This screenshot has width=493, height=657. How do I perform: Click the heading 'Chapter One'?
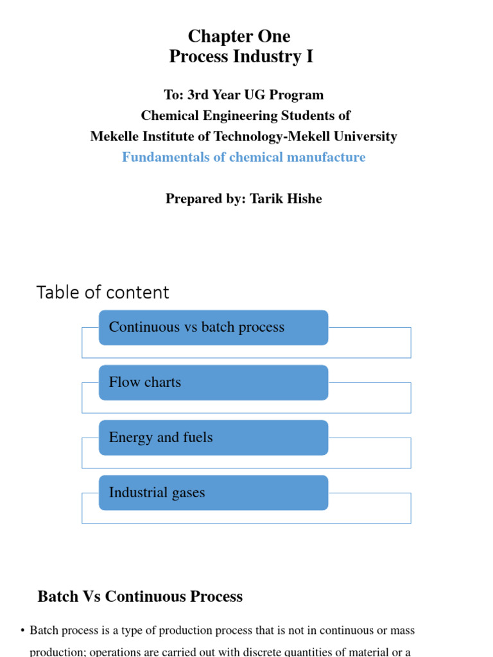click(x=239, y=36)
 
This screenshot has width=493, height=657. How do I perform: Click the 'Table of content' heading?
click(x=103, y=293)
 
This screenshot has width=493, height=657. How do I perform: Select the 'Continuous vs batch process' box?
click(x=213, y=327)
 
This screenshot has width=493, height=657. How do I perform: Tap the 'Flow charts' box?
click(x=213, y=382)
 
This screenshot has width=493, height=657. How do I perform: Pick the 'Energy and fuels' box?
click(x=213, y=438)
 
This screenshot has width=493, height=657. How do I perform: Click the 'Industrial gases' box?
click(x=213, y=493)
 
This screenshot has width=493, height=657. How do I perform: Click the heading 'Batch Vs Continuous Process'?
click(x=140, y=597)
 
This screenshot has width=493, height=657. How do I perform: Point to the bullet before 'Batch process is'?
click(x=22, y=631)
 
